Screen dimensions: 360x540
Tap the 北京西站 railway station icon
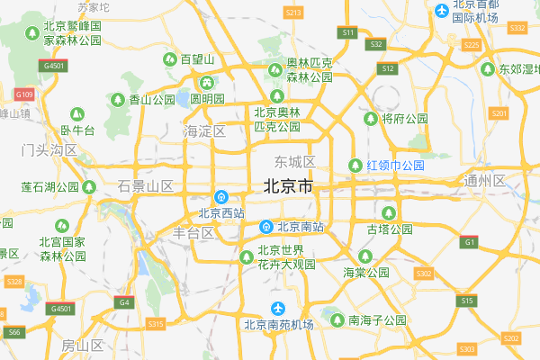220,197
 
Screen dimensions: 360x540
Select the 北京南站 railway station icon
266,227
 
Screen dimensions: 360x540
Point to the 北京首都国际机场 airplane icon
442,11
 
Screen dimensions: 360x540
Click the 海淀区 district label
204,131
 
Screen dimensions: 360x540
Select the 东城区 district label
295,162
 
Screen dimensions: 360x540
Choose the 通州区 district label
486,180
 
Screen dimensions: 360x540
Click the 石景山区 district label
145,186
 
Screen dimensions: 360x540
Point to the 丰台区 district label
193,232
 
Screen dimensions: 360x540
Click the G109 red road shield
24,94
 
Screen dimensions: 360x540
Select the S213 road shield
292,13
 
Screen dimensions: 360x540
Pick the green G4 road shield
123,302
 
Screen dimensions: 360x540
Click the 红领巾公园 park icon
357,166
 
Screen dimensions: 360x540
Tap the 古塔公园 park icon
389,212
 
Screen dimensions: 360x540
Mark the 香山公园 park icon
120,100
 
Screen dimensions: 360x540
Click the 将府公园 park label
405,119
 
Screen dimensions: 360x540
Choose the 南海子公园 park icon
338,319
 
